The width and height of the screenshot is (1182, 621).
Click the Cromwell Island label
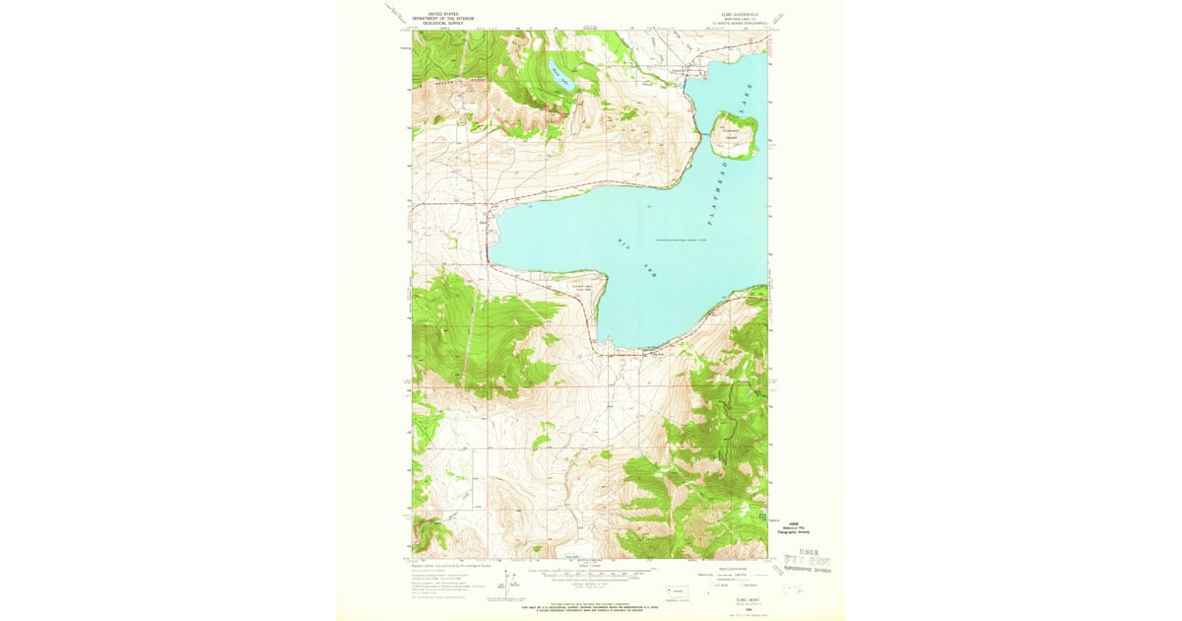(736, 130)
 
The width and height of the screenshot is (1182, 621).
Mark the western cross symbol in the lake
(530, 207)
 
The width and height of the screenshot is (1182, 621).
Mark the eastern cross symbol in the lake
(649, 205)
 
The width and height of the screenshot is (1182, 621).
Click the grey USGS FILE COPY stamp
(808, 562)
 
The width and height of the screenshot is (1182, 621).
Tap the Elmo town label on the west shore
(482, 222)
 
